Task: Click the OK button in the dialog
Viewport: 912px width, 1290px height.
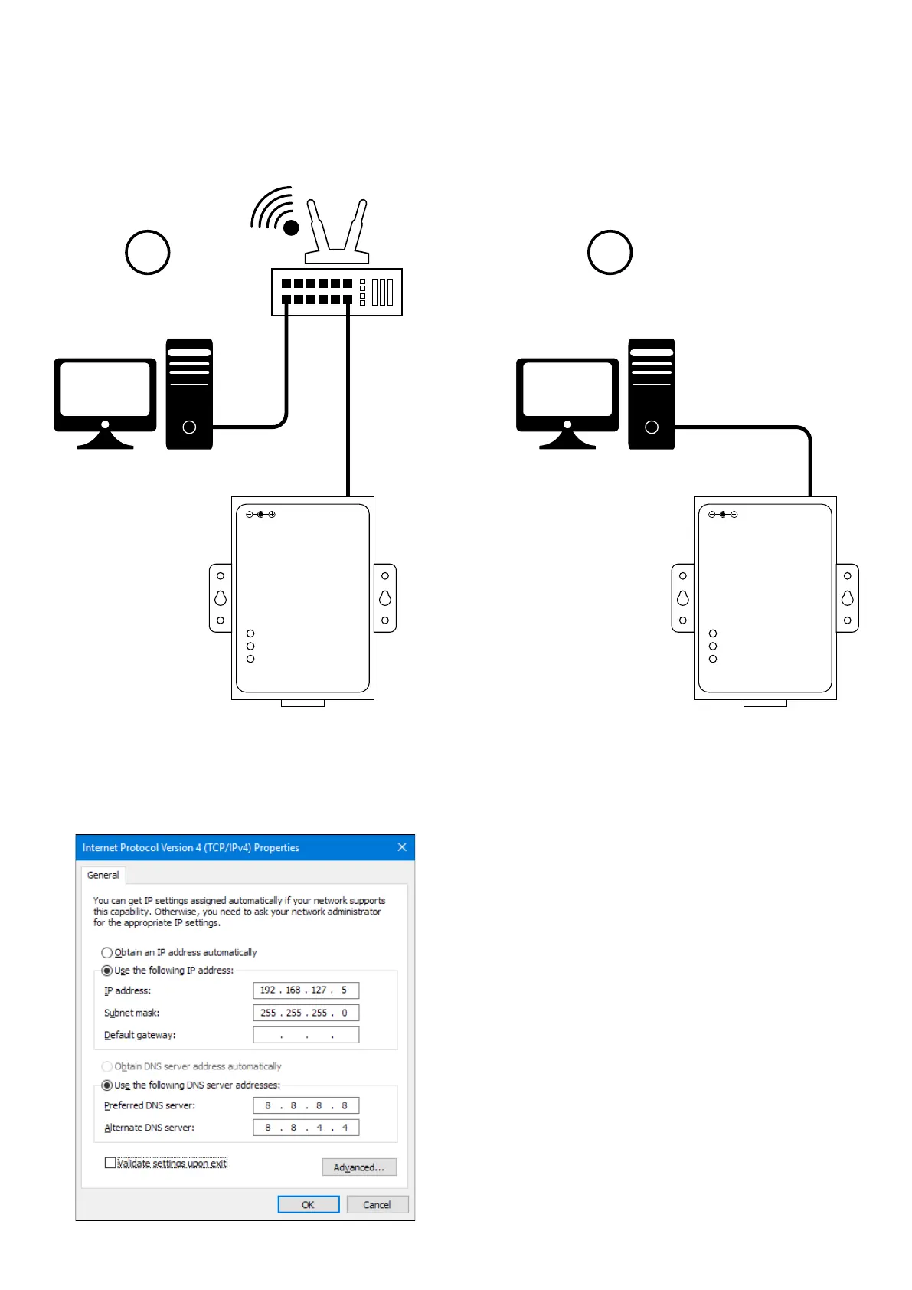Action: point(308,1204)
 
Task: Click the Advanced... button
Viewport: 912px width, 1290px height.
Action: point(358,1167)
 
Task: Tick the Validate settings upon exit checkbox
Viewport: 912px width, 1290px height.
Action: point(110,1163)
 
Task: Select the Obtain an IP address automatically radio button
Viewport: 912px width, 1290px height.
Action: point(107,953)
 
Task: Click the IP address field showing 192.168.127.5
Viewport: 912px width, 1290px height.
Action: point(306,990)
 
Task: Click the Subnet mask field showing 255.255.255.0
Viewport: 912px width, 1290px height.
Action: point(306,1013)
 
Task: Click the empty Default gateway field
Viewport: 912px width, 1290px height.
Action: point(306,1035)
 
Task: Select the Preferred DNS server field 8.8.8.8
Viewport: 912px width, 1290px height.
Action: point(306,1105)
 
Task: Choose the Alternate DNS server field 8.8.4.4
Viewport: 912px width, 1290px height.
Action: point(306,1128)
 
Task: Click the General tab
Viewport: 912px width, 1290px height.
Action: point(103,875)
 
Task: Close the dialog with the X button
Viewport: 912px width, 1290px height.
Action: point(402,847)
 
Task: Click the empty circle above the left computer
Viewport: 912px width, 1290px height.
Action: point(147,252)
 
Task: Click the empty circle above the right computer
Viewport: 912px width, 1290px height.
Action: point(610,252)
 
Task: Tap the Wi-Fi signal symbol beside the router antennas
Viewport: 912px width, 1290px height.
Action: point(275,210)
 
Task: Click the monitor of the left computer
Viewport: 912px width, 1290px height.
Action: point(105,391)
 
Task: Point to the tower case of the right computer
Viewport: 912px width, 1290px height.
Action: point(652,394)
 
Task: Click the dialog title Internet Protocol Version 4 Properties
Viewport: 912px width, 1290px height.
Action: point(191,848)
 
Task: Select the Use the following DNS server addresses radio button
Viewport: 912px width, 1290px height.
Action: point(107,1085)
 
